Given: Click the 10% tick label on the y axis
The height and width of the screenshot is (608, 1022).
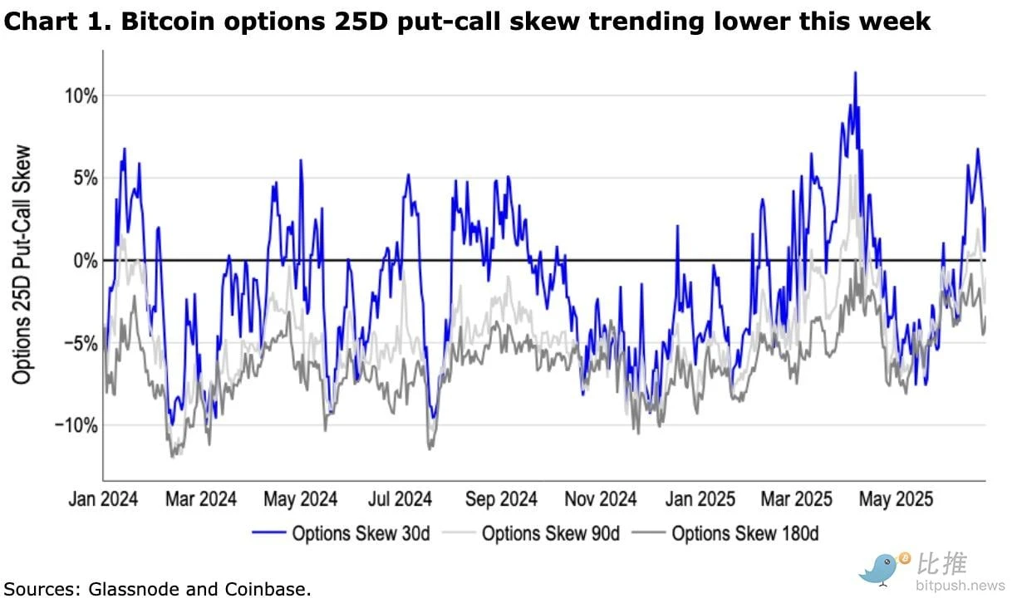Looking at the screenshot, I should [80, 96].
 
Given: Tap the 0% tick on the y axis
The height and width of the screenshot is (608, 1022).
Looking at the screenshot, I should [84, 260].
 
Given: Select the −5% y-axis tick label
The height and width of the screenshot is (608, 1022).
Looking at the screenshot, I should [80, 342].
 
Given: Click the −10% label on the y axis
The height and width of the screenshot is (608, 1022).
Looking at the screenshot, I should [76, 424].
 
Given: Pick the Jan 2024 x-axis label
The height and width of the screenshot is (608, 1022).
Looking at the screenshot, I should [102, 499].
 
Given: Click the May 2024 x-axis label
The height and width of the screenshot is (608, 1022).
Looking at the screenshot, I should [301, 499].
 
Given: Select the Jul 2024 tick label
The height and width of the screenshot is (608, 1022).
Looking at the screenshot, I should [401, 499].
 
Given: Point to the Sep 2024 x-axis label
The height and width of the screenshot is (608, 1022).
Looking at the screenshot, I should [502, 499].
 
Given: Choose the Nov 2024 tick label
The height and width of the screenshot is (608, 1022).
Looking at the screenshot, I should [602, 499].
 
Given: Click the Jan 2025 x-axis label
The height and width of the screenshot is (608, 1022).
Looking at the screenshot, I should [700, 499].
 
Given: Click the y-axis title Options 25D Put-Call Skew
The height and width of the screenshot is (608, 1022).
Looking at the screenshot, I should [22, 266].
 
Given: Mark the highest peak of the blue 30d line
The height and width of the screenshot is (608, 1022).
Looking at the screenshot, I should [855, 72].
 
